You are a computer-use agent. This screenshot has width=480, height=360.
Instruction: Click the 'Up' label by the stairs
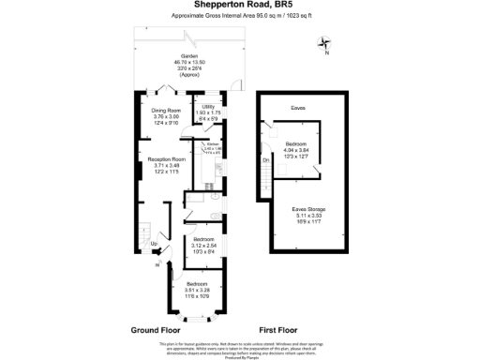click(154, 244)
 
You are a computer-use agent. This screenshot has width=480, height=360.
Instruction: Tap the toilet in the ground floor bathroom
click(216, 217)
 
